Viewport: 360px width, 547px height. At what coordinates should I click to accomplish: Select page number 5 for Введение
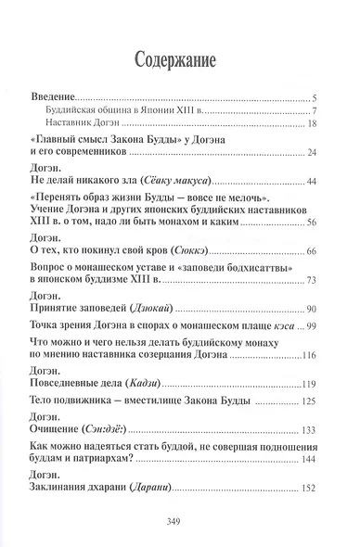[x=315, y=97]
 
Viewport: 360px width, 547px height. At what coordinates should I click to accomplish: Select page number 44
[x=313, y=181]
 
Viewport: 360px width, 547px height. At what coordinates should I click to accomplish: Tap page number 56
[x=313, y=223]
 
